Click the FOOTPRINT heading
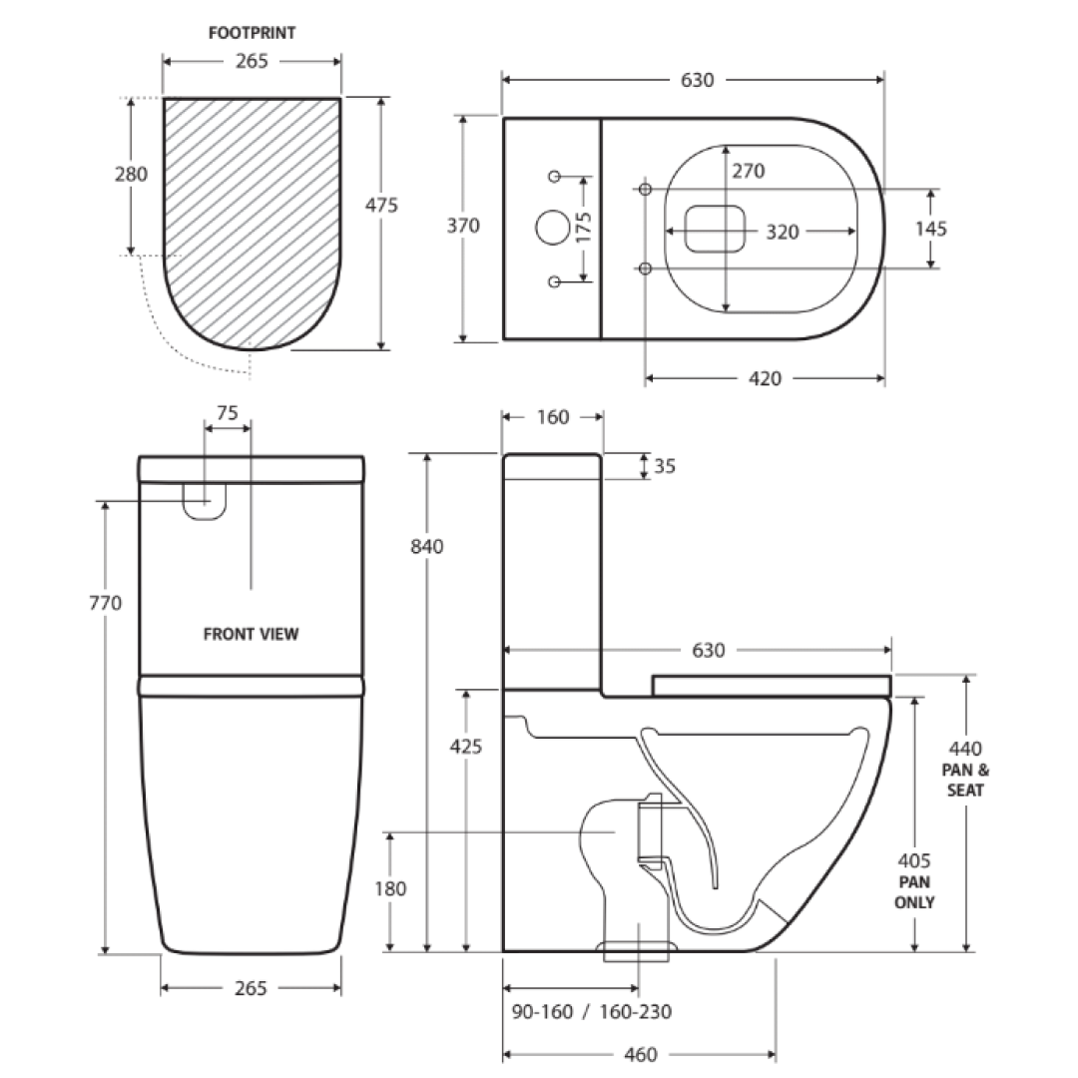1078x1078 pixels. tap(252, 33)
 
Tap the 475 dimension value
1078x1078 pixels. tap(382, 206)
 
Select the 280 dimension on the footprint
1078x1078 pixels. tap(131, 175)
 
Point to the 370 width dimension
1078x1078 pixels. tap(463, 227)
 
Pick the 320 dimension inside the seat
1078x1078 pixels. tap(782, 232)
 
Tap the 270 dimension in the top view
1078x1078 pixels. tap(748, 172)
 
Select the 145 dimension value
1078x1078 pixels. tap(930, 229)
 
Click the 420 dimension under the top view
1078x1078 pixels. tap(766, 378)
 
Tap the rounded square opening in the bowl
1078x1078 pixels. tap(716, 228)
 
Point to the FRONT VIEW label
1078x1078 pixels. tap(251, 634)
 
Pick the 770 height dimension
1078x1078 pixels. tap(105, 603)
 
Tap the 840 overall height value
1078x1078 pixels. tap(427, 546)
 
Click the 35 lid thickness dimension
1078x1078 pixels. tap(664, 466)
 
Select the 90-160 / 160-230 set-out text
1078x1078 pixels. tap(591, 1012)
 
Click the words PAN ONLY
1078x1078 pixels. tap(915, 892)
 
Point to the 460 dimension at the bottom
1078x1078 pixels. tap(640, 1055)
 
